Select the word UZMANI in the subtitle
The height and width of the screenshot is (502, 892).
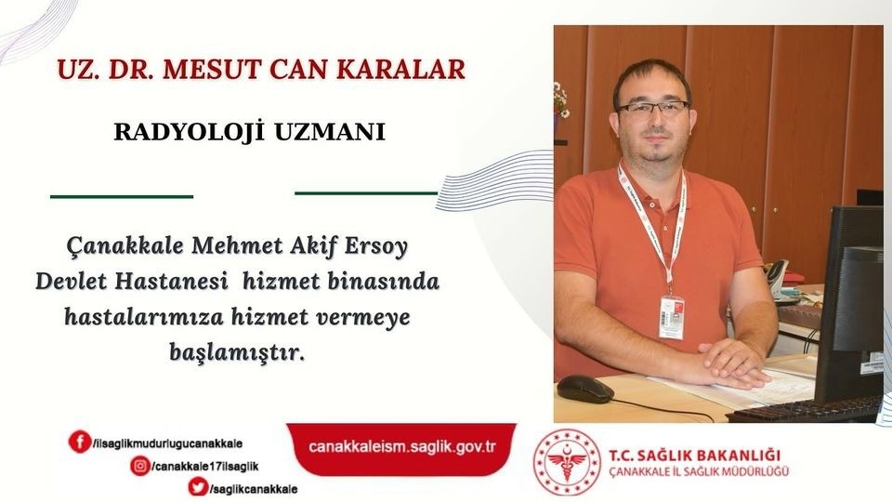point(330,132)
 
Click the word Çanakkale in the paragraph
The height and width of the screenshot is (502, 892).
point(125,245)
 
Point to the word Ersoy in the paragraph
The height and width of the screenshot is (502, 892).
point(376,247)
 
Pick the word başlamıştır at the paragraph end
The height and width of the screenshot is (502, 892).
point(237,352)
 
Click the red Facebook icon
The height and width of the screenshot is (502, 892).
point(80,441)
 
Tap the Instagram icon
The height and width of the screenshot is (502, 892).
point(140,466)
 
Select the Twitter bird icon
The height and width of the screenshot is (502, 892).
point(198,488)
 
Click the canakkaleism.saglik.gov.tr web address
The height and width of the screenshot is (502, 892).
point(401,446)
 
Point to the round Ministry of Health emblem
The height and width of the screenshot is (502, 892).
point(567,462)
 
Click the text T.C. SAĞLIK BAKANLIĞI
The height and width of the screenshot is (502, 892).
point(695,456)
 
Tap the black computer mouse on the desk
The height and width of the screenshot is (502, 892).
point(584,389)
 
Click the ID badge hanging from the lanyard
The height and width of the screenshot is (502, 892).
point(671,317)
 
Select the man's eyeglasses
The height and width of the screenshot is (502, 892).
point(652,107)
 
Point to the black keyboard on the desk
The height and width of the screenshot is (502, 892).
point(805,410)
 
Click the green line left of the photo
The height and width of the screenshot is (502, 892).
point(366,193)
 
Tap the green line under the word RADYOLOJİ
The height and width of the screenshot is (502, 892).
point(122,196)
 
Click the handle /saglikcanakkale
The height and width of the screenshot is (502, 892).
point(253,489)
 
